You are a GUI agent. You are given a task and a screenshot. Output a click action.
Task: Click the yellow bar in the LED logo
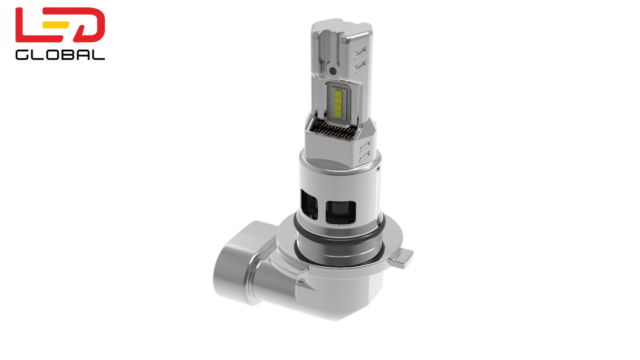pos(56,25)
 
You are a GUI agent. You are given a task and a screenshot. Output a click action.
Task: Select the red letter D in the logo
pos(89,25)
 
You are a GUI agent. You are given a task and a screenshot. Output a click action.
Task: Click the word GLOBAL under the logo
pos(60,54)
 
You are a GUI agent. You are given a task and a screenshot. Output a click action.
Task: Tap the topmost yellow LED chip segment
pos(338,93)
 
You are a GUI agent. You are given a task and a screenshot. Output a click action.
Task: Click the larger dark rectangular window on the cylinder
pos(340,212)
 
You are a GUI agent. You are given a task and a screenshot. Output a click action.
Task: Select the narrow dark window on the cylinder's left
pos(309,204)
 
